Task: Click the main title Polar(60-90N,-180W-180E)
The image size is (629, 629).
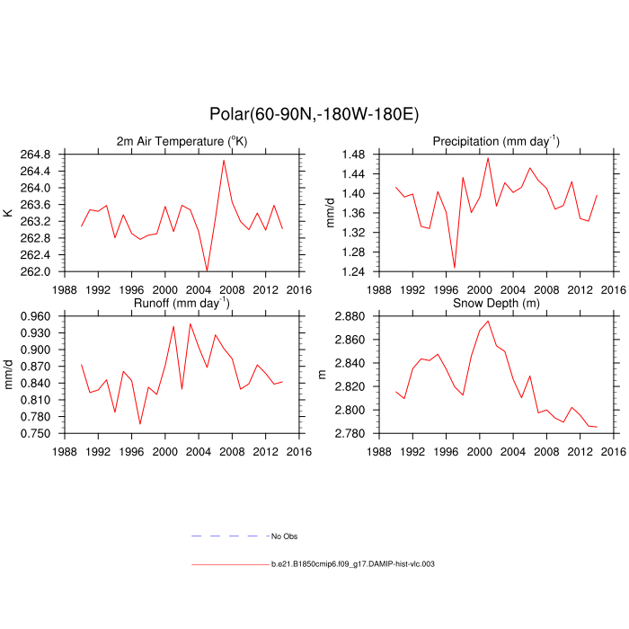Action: point(314,114)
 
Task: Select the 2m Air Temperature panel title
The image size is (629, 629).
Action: point(182,142)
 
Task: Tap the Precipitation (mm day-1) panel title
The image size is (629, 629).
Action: point(496,142)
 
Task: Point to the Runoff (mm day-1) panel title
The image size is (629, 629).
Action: point(182,304)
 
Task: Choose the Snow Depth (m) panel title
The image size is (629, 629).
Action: point(496,304)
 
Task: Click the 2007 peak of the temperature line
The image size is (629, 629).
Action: point(224,160)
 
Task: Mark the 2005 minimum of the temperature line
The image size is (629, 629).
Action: point(207,270)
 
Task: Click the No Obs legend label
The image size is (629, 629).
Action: point(283,536)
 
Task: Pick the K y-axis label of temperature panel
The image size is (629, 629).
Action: point(9,213)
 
